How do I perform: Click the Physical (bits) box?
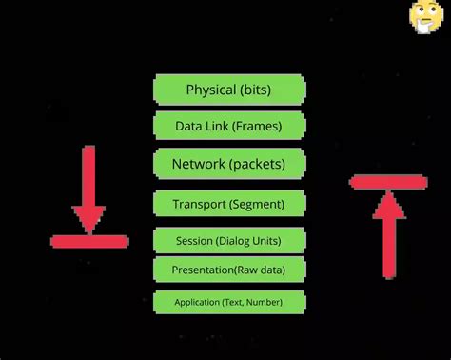(229, 90)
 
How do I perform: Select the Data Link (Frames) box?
(229, 126)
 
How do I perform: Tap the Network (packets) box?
(229, 164)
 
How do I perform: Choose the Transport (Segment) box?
(229, 203)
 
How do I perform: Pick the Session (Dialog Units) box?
(229, 239)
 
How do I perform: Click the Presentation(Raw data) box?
(229, 270)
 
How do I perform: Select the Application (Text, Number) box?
(229, 303)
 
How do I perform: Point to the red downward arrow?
(88, 190)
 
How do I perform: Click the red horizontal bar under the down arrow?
(88, 242)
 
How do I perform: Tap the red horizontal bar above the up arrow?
(387, 181)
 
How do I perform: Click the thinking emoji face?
(424, 15)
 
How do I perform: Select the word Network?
(198, 164)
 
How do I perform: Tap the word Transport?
(200, 203)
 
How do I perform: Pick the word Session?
(194, 239)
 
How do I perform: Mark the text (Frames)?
(257, 126)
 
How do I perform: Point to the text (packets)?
(257, 164)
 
